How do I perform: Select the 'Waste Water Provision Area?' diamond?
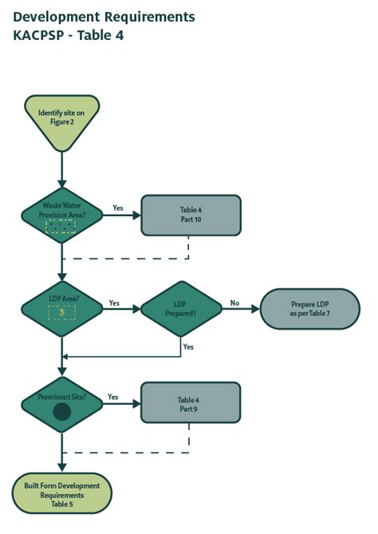pos(61,215)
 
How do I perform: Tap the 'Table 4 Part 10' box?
pos(191,216)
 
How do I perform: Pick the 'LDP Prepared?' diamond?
pos(181,309)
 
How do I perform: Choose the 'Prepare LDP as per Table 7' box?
pos(309,309)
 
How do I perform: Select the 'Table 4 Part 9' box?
pos(191,403)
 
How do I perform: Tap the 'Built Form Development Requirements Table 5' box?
pos(61,494)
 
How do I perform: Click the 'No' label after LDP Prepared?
pos(234,303)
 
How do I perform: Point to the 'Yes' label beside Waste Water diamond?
pos(118,208)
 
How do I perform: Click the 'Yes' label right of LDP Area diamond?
pos(114,303)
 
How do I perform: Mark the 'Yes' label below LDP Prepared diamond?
pos(188,346)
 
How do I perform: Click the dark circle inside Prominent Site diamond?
pos(61,413)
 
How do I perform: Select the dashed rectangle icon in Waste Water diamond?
pos(61,227)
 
